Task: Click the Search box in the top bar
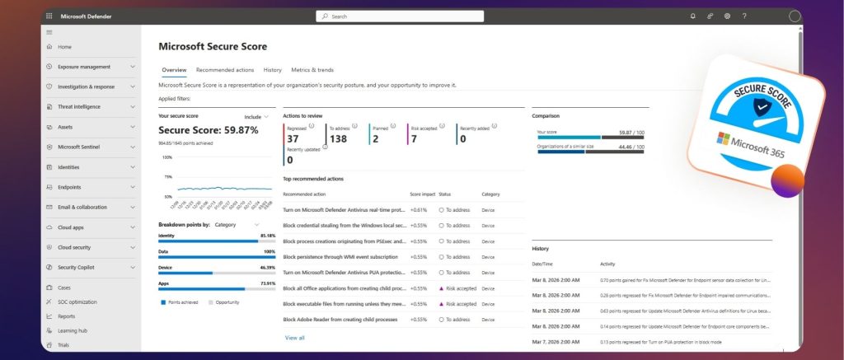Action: pyautogui.click(x=400, y=16)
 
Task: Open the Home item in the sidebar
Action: pyautogui.click(x=64, y=47)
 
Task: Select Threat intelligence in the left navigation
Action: pyautogui.click(x=78, y=106)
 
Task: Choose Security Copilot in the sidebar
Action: pyautogui.click(x=77, y=267)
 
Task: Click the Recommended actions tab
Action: pyautogui.click(x=225, y=70)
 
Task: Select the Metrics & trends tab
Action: pyautogui.click(x=312, y=70)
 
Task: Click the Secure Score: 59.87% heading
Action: pyautogui.click(x=208, y=130)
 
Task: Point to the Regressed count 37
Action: pyautogui.click(x=293, y=139)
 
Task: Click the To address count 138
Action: pyautogui.click(x=338, y=139)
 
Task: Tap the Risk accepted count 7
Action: pyautogui.click(x=414, y=139)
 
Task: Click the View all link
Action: pyautogui.click(x=294, y=338)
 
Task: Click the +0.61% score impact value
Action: pyautogui.click(x=418, y=210)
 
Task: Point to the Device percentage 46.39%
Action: pyautogui.click(x=266, y=268)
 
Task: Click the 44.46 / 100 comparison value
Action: pyautogui.click(x=631, y=147)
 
